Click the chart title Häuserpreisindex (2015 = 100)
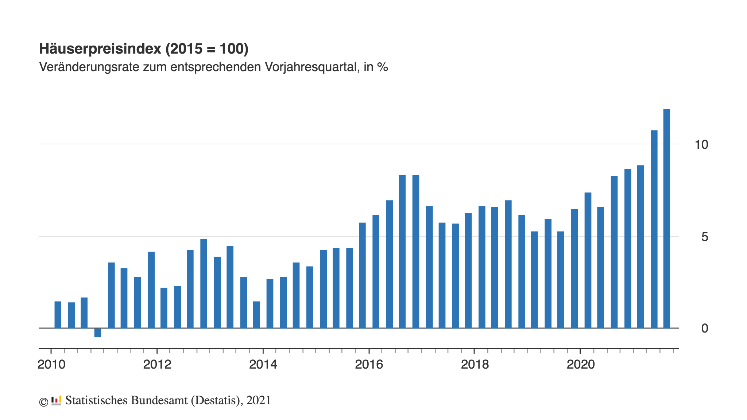tap(144, 49)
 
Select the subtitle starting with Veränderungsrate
tap(213, 67)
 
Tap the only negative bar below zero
tap(98, 332)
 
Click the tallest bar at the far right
tap(666, 219)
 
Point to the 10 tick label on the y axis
tap(701, 145)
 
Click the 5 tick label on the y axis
tap(704, 237)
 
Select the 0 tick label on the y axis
tap(704, 328)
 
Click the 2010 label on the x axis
tap(51, 364)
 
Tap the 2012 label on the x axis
tap(157, 364)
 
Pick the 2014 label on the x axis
tap(263, 364)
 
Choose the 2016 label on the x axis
tap(369, 364)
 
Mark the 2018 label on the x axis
tap(475, 364)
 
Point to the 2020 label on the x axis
tap(580, 364)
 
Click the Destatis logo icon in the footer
tap(56, 401)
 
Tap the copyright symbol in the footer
tap(43, 402)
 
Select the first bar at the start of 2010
tap(58, 315)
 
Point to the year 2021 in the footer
tap(259, 400)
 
